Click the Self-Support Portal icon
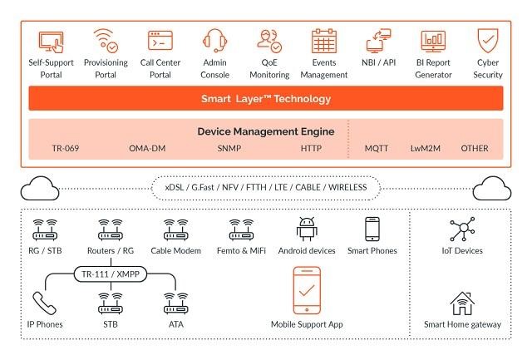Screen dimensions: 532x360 pyautogui.click(x=52, y=42)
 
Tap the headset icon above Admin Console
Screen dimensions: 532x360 pyautogui.click(x=214, y=41)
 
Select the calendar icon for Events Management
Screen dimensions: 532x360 pyautogui.click(x=324, y=41)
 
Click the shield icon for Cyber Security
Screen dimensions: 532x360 pyautogui.click(x=488, y=41)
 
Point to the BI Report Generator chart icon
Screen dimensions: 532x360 pyautogui.click(x=433, y=41)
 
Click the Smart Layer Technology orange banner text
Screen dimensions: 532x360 pyautogui.click(x=266, y=99)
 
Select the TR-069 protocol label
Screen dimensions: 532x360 pyautogui.click(x=66, y=148)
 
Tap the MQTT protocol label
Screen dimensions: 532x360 pyautogui.click(x=377, y=148)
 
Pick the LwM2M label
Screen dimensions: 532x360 pyautogui.click(x=426, y=148)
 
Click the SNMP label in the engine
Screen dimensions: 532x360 pyautogui.click(x=229, y=148)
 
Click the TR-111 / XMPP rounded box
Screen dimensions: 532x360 pyautogui.click(x=111, y=274)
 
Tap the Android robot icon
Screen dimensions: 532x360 pyautogui.click(x=307, y=229)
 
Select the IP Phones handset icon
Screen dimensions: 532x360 pyautogui.click(x=44, y=303)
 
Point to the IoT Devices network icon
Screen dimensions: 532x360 pyautogui.click(x=462, y=229)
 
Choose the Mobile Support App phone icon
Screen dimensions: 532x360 pyautogui.click(x=307, y=290)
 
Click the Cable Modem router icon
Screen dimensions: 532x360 pyautogui.click(x=175, y=229)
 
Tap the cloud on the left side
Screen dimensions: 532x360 pyautogui.click(x=40, y=188)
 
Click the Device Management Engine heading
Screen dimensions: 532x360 pyautogui.click(x=266, y=131)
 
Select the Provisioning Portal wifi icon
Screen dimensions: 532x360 pyautogui.click(x=106, y=41)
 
